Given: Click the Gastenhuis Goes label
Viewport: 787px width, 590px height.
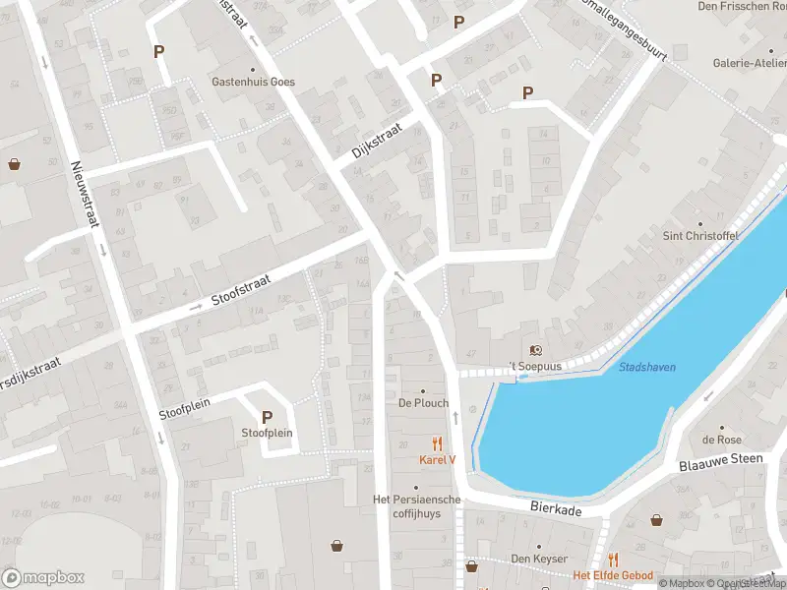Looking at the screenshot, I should click(x=253, y=82).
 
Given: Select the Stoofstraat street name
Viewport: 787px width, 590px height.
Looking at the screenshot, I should click(x=239, y=290).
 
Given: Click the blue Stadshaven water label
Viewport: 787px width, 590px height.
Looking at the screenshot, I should click(x=647, y=367).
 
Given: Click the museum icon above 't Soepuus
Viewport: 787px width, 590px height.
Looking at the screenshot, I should click(x=535, y=350).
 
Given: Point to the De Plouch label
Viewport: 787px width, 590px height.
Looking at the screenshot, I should click(x=424, y=403).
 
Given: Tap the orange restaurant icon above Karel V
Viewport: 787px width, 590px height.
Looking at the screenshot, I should click(x=438, y=444).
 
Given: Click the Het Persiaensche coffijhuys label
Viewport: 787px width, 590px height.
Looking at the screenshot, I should click(x=417, y=505).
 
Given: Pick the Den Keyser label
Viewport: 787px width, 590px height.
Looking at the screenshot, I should click(x=537, y=560).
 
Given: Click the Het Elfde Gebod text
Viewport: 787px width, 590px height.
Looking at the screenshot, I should click(x=613, y=574).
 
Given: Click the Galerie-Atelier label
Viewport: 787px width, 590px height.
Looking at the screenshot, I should click(x=750, y=62).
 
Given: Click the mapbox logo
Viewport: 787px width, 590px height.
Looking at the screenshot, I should click(x=43, y=577).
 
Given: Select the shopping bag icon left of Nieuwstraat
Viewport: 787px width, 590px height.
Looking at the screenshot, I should click(x=14, y=164).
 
